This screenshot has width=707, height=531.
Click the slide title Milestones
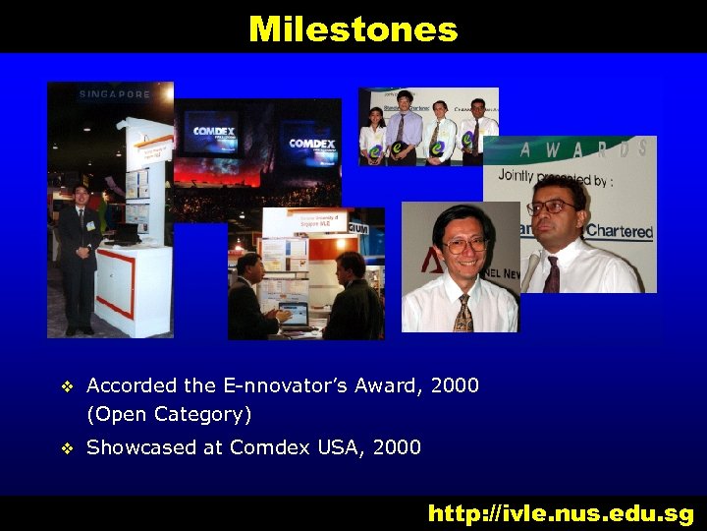click(x=353, y=29)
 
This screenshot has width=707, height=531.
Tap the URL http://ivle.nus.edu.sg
click(x=561, y=513)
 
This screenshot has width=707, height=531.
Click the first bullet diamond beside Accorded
click(x=67, y=387)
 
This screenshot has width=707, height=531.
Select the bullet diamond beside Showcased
click(x=67, y=449)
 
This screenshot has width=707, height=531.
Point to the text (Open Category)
click(x=169, y=414)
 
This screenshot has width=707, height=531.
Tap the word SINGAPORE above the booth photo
click(x=115, y=94)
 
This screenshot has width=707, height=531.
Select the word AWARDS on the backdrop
click(x=583, y=149)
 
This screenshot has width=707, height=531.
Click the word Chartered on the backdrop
click(x=619, y=232)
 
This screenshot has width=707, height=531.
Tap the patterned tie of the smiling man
click(x=462, y=312)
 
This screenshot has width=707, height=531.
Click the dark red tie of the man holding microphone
click(x=552, y=273)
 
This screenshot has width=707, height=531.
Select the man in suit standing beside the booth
click(x=78, y=256)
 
